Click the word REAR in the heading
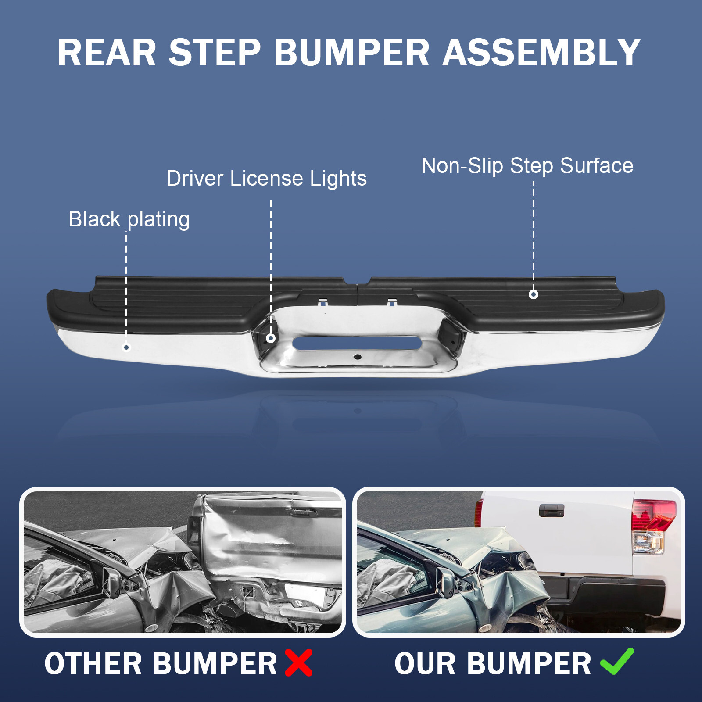pyautogui.click(x=107, y=53)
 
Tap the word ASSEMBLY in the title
pyautogui.click(x=541, y=53)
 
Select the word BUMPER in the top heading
pyautogui.click(x=351, y=53)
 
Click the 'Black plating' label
pyautogui.click(x=129, y=219)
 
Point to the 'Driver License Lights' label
pyautogui.click(x=266, y=179)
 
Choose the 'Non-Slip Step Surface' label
pyautogui.click(x=527, y=166)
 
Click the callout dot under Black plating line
pyautogui.click(x=126, y=347)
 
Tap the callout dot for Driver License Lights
pyautogui.click(x=271, y=338)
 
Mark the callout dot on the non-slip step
pyautogui.click(x=534, y=294)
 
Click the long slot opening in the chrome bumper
pyautogui.click(x=357, y=343)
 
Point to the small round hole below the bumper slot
pyautogui.click(x=358, y=357)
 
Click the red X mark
pyautogui.click(x=299, y=663)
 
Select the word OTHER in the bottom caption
pyautogui.click(x=93, y=663)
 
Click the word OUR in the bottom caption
pyautogui.click(x=426, y=663)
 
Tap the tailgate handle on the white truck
pyautogui.click(x=552, y=510)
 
